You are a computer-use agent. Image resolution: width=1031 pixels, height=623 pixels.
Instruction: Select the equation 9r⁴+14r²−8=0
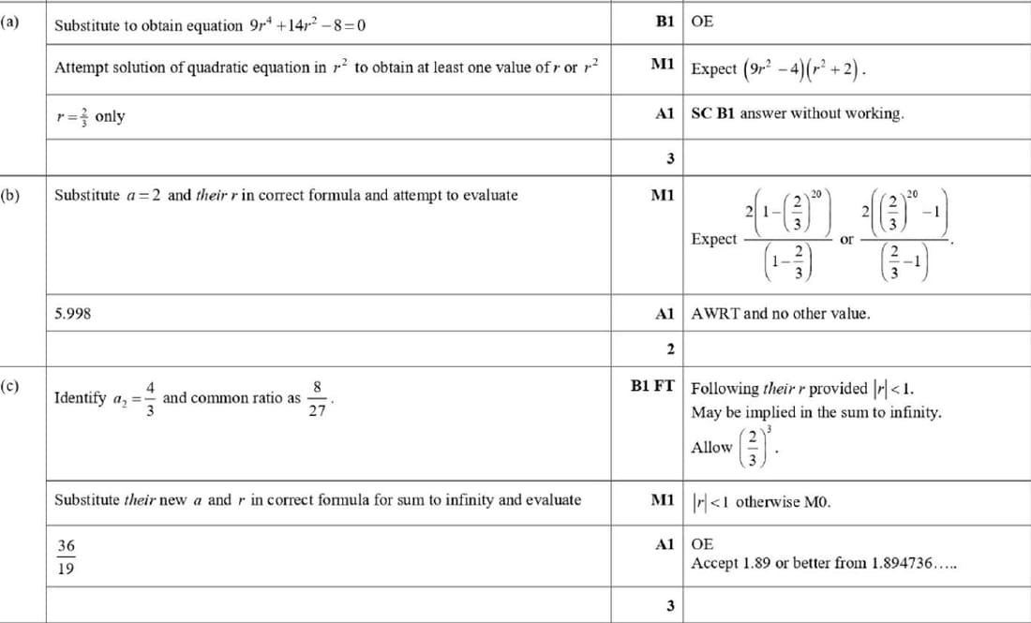coord(307,25)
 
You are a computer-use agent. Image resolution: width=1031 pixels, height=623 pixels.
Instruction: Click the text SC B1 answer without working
coord(798,113)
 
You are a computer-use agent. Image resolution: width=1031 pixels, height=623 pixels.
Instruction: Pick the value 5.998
coord(73,314)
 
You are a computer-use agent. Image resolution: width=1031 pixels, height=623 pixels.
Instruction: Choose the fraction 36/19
coord(66,556)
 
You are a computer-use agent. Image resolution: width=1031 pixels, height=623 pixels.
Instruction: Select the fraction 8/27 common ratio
coord(318,397)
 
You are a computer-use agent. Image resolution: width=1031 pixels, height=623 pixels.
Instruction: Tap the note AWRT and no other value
coord(780,314)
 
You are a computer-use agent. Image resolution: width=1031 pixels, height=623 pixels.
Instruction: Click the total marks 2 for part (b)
coord(669,349)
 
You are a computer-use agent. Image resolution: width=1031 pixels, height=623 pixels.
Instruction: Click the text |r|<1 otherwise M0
coord(760,501)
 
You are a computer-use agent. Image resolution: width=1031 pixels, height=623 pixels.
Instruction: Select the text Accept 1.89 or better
coord(823,563)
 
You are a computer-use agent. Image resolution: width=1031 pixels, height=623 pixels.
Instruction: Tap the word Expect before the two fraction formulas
coord(713,239)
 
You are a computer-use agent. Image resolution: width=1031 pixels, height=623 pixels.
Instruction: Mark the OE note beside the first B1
coord(702,22)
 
